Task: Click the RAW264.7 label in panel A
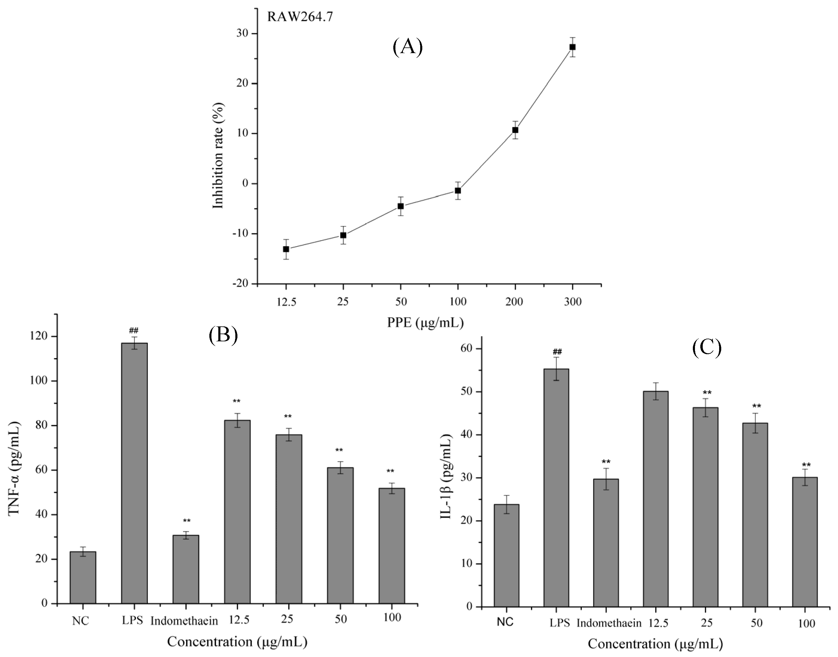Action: [300, 18]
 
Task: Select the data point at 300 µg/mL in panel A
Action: [573, 47]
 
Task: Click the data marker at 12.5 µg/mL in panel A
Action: [286, 249]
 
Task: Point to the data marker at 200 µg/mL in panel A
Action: [515, 130]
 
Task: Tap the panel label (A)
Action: [407, 48]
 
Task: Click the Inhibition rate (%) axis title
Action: [218, 156]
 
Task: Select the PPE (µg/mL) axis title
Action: [425, 322]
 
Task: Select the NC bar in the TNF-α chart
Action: [83, 577]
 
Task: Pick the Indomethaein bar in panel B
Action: [186, 569]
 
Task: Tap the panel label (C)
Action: [706, 348]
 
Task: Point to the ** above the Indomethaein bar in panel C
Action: [606, 462]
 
